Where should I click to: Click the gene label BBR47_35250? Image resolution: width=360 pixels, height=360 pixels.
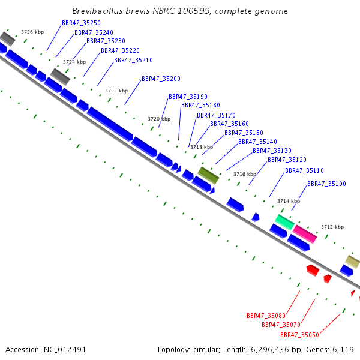[x=81, y=23]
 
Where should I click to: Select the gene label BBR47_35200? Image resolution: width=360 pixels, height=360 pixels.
[x=161, y=79]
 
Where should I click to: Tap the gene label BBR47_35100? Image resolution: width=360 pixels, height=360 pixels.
[x=326, y=184]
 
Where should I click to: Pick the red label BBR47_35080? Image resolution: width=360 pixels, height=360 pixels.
[x=266, y=316]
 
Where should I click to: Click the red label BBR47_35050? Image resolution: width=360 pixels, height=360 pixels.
[x=299, y=335]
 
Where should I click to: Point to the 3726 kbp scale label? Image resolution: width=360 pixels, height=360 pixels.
[x=32, y=32]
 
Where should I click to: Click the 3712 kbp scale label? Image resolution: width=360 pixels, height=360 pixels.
[x=332, y=227]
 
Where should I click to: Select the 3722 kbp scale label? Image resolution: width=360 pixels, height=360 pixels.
[x=116, y=91]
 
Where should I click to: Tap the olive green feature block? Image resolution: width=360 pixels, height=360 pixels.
[x=208, y=175]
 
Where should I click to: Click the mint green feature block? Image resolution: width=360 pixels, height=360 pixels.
[x=284, y=222]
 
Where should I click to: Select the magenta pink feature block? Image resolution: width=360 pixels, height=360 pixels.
[x=305, y=234]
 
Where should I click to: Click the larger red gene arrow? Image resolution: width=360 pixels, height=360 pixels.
[x=313, y=270]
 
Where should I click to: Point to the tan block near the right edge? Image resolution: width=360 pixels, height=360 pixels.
[x=353, y=262]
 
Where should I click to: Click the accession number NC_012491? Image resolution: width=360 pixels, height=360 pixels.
[x=65, y=350]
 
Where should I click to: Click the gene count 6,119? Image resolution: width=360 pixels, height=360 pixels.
[x=343, y=350]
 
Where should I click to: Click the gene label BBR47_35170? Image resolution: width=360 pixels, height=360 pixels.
[x=216, y=115]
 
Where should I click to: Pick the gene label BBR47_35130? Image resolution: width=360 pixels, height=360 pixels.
[x=272, y=151]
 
